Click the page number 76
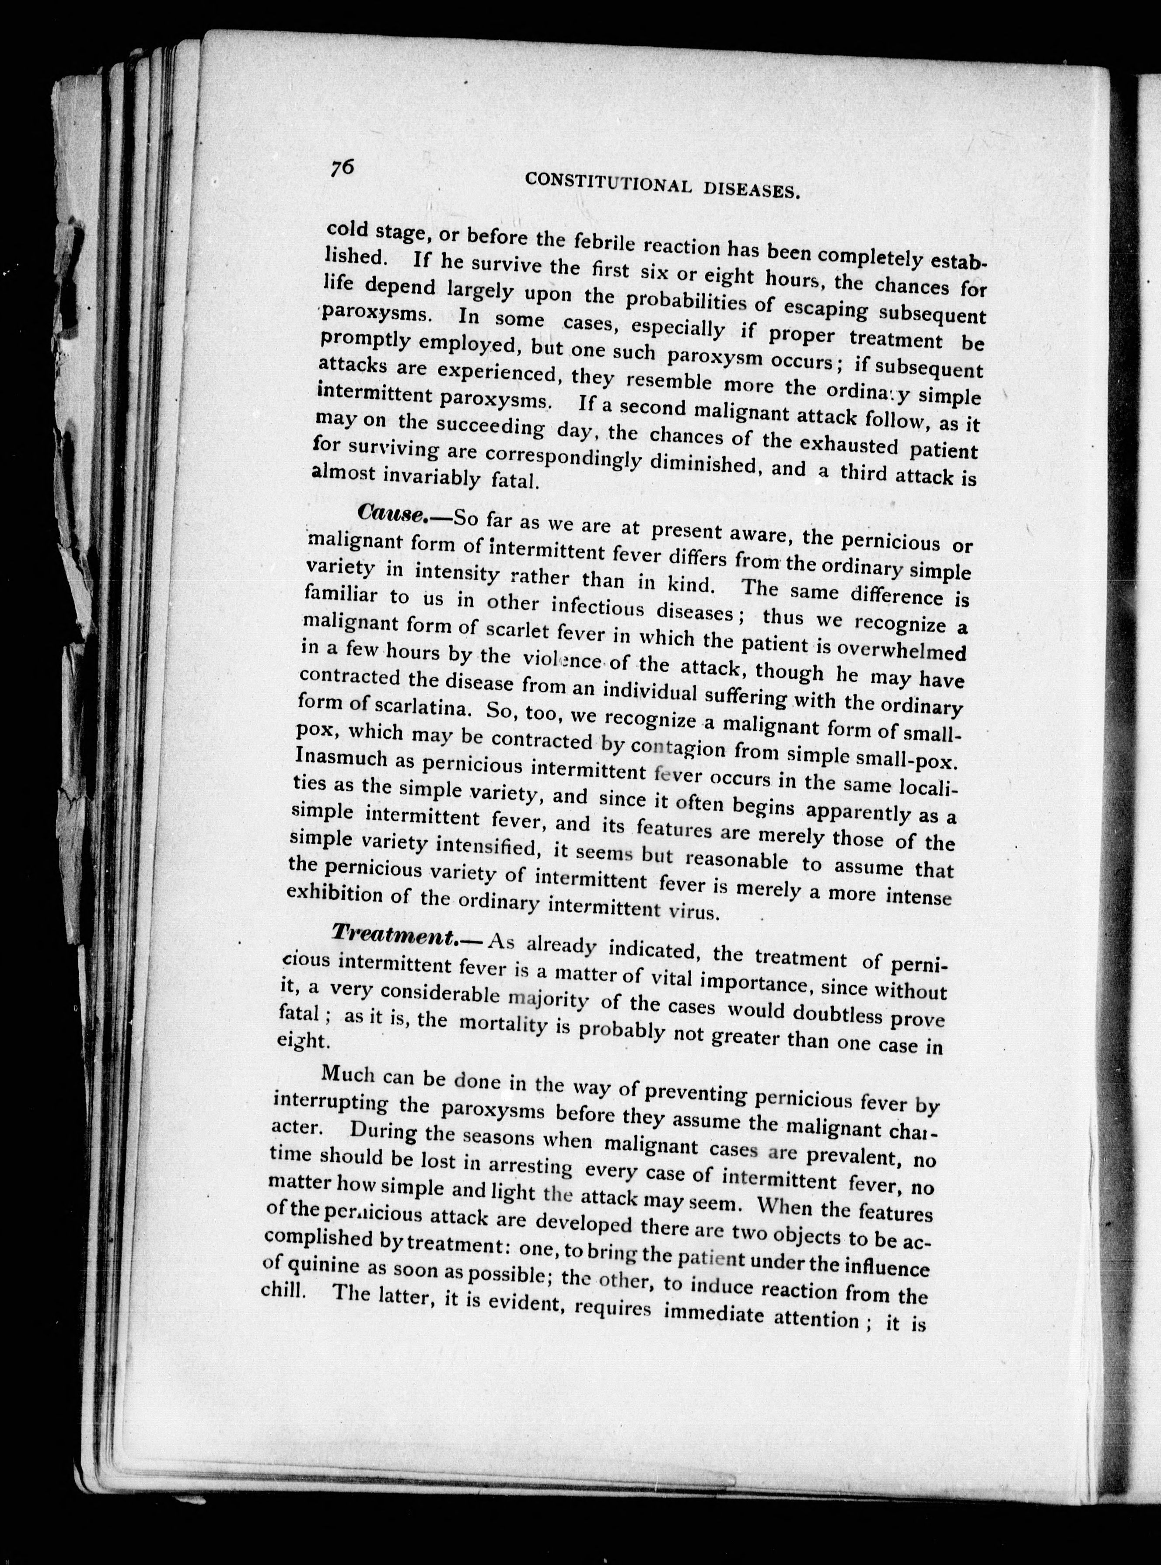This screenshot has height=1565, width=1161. [342, 169]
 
